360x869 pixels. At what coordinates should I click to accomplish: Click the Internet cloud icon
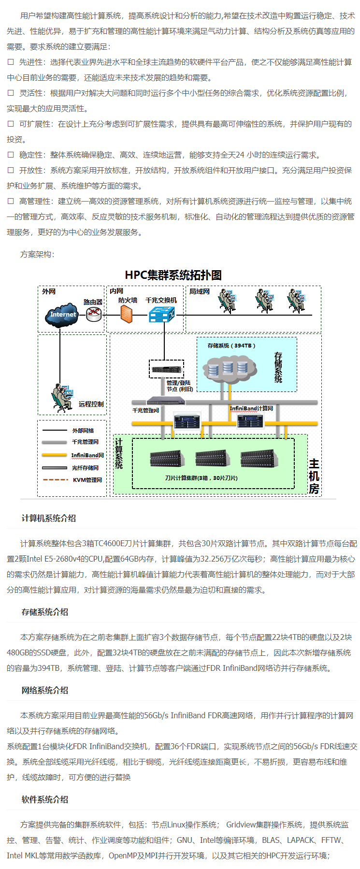[x=63, y=314]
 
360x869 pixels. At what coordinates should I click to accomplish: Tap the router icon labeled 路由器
[x=94, y=315]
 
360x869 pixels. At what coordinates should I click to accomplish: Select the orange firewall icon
[x=127, y=314]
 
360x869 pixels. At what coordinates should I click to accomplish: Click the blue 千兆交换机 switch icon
[x=161, y=314]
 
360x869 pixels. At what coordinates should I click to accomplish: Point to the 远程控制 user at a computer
[x=61, y=398]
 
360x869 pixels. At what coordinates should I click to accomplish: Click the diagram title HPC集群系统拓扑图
[x=173, y=275]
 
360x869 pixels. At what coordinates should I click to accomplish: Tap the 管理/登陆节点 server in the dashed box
[x=166, y=370]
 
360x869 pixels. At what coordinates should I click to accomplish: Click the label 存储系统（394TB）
[x=231, y=346]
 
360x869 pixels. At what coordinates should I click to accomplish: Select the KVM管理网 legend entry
[x=87, y=480]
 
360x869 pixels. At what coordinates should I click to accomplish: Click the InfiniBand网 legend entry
[x=87, y=455]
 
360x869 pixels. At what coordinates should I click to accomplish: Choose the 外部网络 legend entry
[x=83, y=431]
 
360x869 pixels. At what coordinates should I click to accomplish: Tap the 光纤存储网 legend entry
[x=85, y=468]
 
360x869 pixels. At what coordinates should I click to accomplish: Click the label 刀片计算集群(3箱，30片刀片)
[x=201, y=478]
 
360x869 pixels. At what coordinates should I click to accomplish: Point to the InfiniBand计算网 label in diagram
[x=251, y=408]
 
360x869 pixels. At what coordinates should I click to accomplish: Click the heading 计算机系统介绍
[x=49, y=518]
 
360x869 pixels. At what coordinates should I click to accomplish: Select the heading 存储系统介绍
[x=45, y=612]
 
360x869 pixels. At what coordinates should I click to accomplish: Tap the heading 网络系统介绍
[x=45, y=690]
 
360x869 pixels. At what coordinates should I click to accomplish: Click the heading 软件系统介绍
[x=45, y=799]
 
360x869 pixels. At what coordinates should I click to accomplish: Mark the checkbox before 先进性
[x=11, y=62]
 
